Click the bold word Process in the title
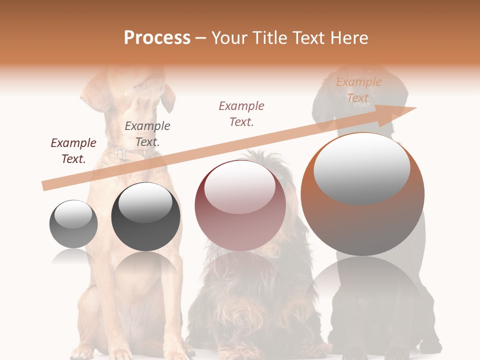point(157,37)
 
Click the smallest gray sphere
point(73,224)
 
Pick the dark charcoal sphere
point(145,216)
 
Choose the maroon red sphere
point(240,205)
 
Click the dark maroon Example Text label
point(73,150)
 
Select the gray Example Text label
point(147,133)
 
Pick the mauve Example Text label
point(241,113)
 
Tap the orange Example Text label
point(359,89)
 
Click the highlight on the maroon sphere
point(239,187)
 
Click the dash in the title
point(201,38)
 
